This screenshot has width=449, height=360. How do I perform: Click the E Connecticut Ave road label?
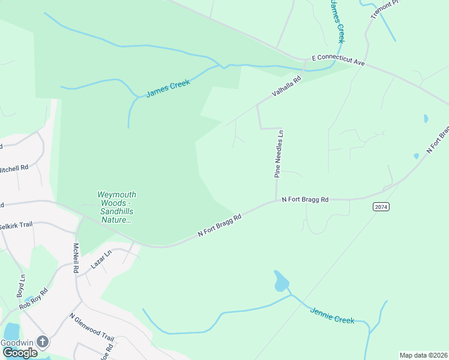tap(339, 61)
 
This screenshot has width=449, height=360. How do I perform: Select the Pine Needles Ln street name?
tap(279, 155)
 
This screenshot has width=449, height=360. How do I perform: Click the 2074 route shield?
tap(381, 207)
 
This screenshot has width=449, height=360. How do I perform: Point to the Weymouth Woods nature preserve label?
tap(116, 207)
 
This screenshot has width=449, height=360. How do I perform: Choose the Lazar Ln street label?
tap(101, 259)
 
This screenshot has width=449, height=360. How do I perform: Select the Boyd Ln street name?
tap(22, 286)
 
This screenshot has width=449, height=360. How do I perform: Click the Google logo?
tap(20, 353)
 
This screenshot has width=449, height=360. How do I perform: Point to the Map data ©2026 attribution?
tap(423, 355)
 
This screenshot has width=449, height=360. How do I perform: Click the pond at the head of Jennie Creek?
tap(281, 281)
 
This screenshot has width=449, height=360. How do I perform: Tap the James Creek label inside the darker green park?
tap(168, 89)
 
